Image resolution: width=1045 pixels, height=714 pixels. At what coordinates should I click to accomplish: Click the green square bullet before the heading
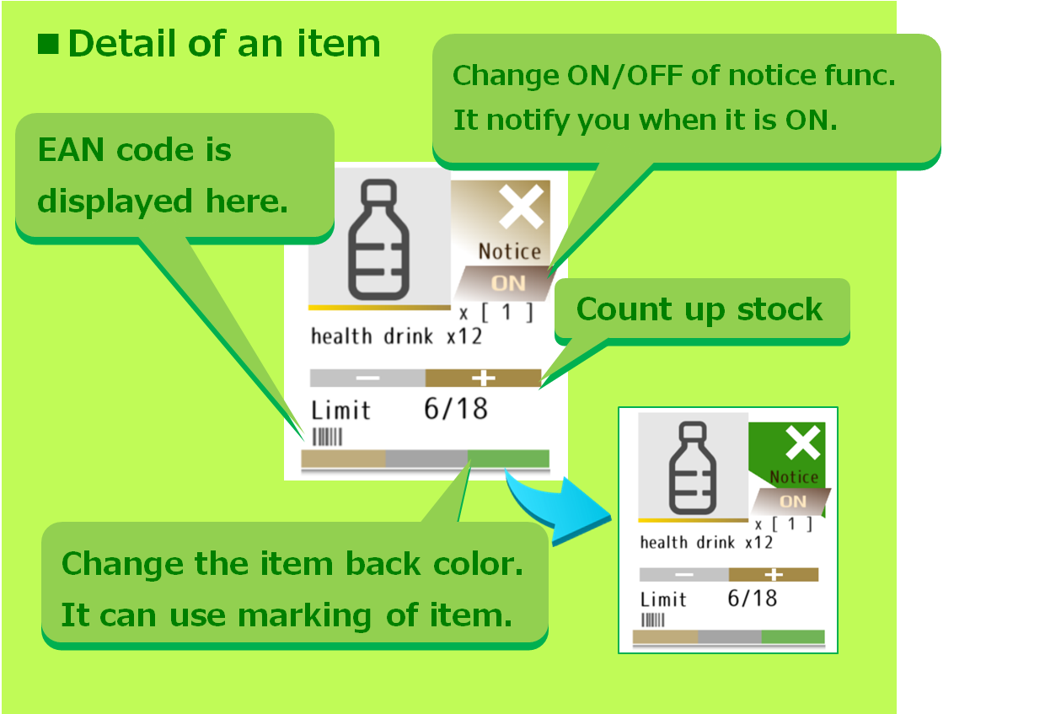pos(48,44)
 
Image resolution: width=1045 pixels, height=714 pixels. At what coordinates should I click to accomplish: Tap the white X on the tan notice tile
pos(521,207)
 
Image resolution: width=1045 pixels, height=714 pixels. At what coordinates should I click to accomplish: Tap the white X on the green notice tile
pos(802,443)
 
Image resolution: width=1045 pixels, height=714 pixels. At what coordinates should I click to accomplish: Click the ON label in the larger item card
pos(508,283)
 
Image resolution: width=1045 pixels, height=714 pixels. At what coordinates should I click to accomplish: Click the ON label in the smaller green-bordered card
pos(793,502)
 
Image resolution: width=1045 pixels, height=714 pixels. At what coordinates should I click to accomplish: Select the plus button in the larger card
pos(484,378)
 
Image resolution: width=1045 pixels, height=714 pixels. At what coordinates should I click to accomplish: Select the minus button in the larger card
pos(367,378)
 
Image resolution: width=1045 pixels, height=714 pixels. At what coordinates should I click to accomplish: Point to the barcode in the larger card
pos(327,438)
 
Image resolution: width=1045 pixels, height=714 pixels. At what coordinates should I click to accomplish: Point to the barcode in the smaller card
pos(652,620)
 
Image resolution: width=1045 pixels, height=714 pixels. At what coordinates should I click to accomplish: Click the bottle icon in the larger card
pos(379,239)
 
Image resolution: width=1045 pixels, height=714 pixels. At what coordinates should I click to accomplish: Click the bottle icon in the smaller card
pos(693,468)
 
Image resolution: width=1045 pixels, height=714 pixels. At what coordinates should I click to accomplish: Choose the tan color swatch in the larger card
pos(343,459)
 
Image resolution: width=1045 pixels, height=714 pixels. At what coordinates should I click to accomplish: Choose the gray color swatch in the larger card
pos(426,459)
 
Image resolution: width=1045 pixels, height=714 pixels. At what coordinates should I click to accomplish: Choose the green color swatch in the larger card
pos(508,459)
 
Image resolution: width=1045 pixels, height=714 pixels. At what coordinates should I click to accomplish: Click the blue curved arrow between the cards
pos(560,508)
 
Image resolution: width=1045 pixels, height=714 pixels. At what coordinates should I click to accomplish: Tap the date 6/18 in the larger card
pos(456,409)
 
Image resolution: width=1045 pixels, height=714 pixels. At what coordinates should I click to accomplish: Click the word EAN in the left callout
pos(71,150)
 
